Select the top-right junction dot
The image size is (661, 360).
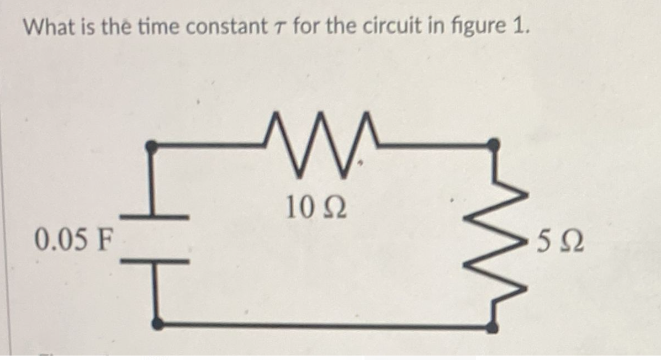click(495, 145)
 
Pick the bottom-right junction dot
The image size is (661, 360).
click(491, 326)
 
